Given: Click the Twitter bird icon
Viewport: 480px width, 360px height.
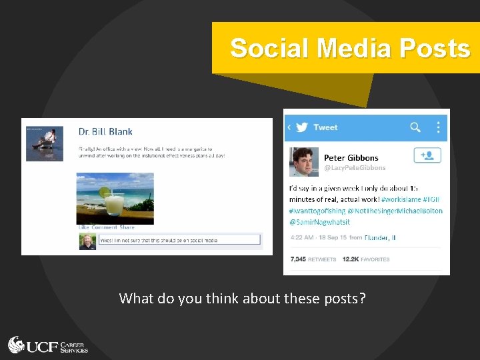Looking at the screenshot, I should point(301,127).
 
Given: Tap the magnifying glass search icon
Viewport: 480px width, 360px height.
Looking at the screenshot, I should point(415,127).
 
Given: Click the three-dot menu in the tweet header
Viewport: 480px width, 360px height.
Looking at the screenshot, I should point(438,127).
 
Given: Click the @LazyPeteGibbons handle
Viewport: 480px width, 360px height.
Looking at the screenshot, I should point(355,168).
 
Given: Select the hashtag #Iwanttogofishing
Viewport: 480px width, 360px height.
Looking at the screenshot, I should point(317,211).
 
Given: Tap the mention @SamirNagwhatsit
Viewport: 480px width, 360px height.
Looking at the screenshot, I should point(320,221).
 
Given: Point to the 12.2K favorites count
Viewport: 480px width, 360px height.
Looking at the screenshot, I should point(365,259).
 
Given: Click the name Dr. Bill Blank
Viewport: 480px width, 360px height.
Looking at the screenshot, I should point(105,132).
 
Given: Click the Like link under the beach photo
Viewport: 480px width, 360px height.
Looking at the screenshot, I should point(83,227).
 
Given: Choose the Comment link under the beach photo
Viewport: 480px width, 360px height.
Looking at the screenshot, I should point(104,227).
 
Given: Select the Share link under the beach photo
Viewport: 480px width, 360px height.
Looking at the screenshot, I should point(127,227).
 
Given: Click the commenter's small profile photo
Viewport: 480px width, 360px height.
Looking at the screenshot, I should point(87,241).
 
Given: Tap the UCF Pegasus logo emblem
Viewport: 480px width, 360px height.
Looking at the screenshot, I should point(17,345).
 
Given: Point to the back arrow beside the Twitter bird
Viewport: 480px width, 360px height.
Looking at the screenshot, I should point(289,127).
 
